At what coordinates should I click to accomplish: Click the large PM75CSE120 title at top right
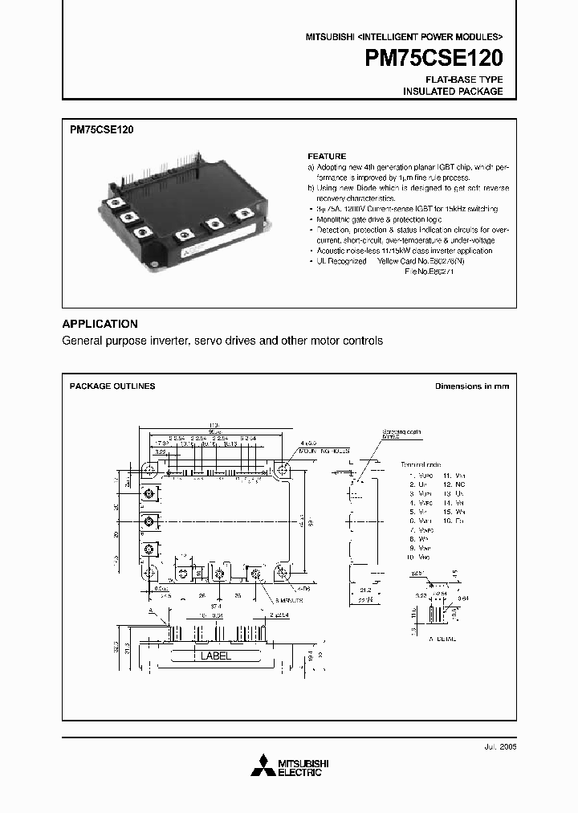(x=433, y=59)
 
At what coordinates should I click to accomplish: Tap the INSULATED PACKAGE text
(x=453, y=92)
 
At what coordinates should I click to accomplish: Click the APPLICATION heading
(x=100, y=324)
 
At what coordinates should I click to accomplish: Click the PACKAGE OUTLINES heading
(x=112, y=386)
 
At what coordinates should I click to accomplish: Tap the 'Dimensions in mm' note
(x=472, y=386)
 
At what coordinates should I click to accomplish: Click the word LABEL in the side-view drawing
(x=216, y=656)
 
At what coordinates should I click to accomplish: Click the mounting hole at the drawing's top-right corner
(x=283, y=470)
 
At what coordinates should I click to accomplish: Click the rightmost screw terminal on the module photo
(x=242, y=214)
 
